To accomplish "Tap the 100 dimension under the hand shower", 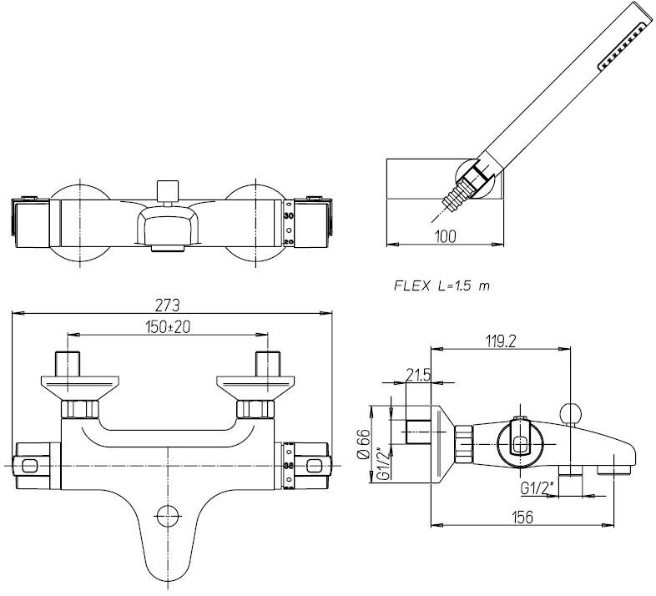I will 447,236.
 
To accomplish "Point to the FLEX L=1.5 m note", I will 442,285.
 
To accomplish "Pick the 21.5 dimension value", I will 416,376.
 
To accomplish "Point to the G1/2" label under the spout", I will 535,487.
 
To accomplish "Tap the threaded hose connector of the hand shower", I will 455,198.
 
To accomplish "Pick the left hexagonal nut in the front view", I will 81,410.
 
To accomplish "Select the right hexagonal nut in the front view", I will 255,410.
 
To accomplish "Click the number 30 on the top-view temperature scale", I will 289,215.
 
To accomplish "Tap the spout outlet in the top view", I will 169,247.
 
